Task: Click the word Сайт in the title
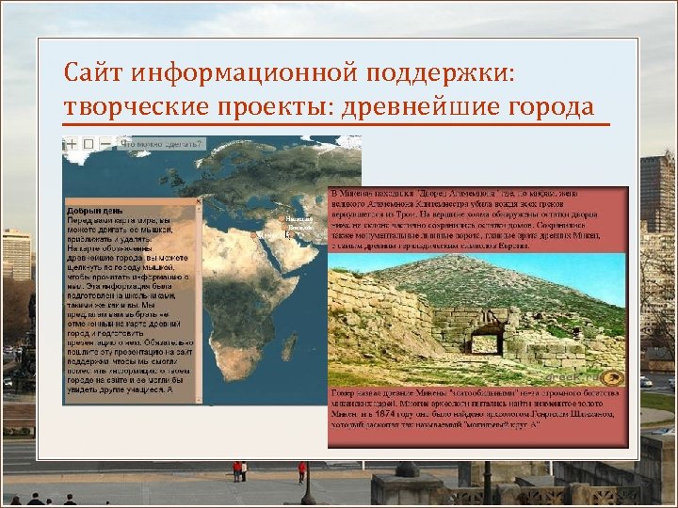click(93, 72)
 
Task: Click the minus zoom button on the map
click(105, 144)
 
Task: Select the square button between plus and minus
click(88, 144)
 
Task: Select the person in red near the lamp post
click(301, 469)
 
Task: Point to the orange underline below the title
click(335, 124)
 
